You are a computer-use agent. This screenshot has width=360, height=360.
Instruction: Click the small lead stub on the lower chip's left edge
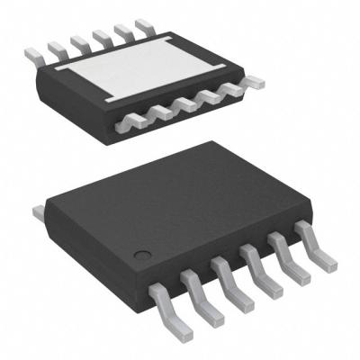pyautogui.click(x=39, y=212)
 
